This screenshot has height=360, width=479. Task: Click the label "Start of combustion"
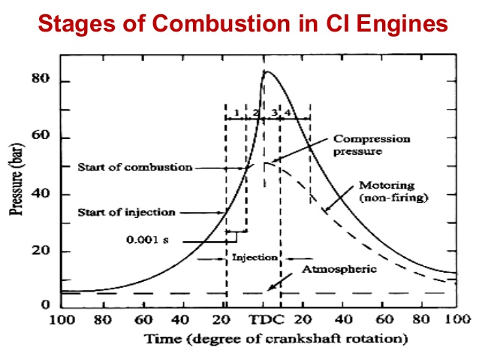[x=135, y=168]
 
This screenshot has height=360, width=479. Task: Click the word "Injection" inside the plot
[x=249, y=257]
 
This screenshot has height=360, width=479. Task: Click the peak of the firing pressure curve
[x=264, y=71]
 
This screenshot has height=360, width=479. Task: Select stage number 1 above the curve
[x=236, y=113]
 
